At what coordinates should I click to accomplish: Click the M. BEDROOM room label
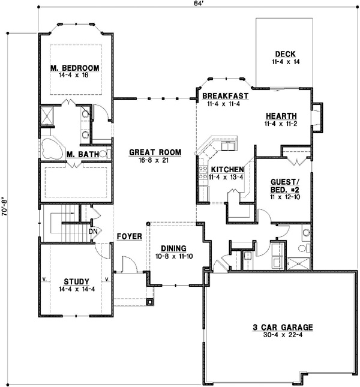click(75, 68)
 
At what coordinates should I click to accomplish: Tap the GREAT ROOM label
click(155, 152)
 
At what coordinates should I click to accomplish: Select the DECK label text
click(285, 54)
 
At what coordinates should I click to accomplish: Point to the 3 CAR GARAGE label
click(283, 327)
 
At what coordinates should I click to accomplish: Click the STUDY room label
click(76, 281)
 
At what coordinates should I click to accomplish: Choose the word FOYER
click(130, 236)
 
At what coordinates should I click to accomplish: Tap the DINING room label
click(174, 248)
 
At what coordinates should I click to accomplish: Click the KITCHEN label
click(227, 170)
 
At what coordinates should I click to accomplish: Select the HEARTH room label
click(281, 116)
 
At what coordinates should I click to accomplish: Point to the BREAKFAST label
click(225, 96)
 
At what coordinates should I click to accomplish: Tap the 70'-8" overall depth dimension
click(5, 206)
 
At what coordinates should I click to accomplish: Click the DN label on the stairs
click(93, 232)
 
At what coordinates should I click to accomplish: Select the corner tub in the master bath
click(52, 149)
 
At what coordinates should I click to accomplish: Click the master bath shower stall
click(47, 116)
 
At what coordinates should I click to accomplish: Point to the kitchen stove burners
click(203, 172)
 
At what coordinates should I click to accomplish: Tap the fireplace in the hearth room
click(317, 118)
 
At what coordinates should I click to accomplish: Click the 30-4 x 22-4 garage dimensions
click(283, 335)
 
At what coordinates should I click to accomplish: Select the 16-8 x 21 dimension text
click(154, 160)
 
